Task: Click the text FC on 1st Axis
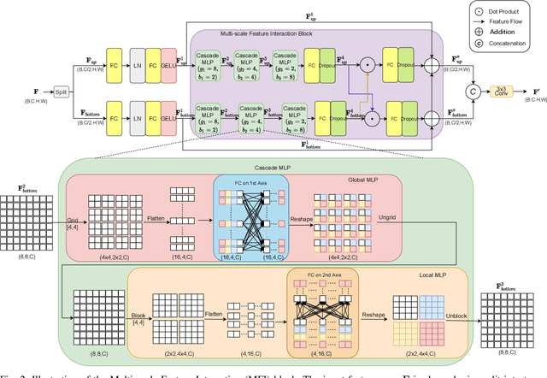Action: tap(246, 180)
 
